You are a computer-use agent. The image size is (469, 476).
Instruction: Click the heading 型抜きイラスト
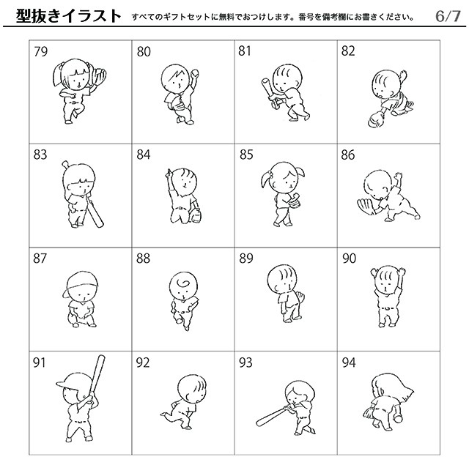point(67,15)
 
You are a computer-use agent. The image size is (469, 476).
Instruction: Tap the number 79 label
point(41,51)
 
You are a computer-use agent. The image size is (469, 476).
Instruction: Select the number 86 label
point(348,155)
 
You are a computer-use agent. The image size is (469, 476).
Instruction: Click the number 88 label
point(144,258)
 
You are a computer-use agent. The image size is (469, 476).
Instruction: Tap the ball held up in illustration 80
point(196,72)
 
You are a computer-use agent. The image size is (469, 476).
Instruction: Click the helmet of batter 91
point(70,382)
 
